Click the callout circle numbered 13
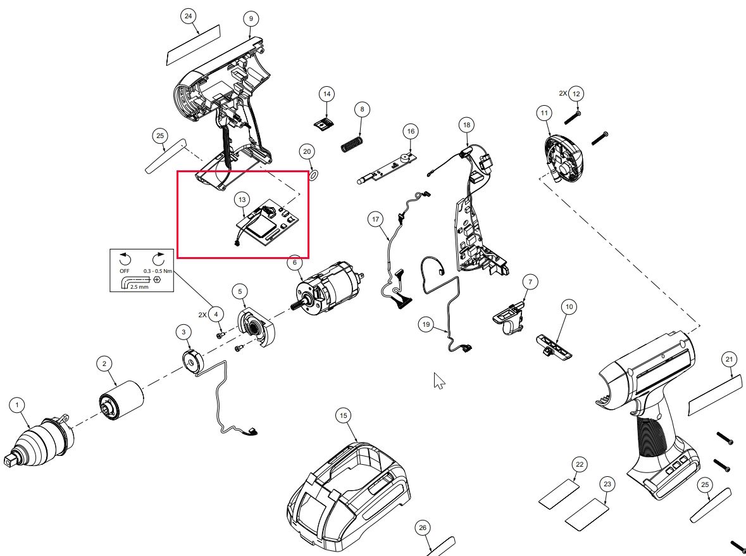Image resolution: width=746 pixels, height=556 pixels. click(242, 199)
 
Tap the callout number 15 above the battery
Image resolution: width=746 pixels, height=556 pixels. click(343, 416)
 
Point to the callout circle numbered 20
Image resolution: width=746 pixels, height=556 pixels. click(307, 152)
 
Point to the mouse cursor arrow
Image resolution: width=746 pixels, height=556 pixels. click(438, 381)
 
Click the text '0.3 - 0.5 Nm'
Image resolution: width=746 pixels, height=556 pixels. click(155, 270)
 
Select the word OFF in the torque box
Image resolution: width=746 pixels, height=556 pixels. click(125, 270)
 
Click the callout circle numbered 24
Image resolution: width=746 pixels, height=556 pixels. click(188, 16)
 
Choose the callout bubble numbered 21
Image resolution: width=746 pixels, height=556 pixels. click(729, 360)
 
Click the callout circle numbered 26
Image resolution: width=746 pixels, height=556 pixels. click(423, 528)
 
